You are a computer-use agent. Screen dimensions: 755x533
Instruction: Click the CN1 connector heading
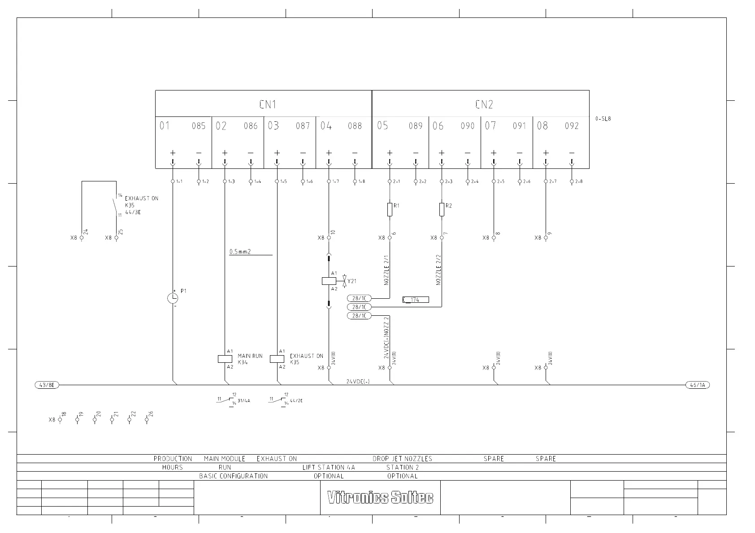point(268,105)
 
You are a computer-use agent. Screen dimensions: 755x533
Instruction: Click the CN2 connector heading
point(484,105)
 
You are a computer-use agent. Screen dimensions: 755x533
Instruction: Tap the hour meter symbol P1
point(173,297)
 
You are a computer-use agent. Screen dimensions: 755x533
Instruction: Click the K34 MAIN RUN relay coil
point(225,359)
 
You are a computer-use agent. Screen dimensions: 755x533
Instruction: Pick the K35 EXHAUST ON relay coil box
point(277,359)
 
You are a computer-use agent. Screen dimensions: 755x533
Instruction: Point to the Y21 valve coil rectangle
point(329,281)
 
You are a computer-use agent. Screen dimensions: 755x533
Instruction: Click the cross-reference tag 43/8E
point(47,385)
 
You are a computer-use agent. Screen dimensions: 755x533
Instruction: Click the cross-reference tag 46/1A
point(698,385)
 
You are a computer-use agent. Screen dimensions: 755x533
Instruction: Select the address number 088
point(355,126)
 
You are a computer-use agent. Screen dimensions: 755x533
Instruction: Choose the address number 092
point(572,126)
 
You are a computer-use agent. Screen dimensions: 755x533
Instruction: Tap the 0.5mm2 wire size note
point(240,252)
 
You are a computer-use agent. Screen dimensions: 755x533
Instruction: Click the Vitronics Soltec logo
point(380,498)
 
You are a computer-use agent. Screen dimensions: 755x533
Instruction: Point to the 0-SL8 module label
point(603,119)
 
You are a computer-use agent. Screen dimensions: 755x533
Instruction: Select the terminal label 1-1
point(179,182)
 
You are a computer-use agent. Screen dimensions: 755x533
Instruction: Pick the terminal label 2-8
point(579,182)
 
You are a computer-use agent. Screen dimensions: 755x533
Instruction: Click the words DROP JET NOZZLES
point(402,459)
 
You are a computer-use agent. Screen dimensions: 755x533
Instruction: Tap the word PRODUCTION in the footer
point(173,459)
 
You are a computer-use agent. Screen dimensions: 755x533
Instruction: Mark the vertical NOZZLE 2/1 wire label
point(386,270)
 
